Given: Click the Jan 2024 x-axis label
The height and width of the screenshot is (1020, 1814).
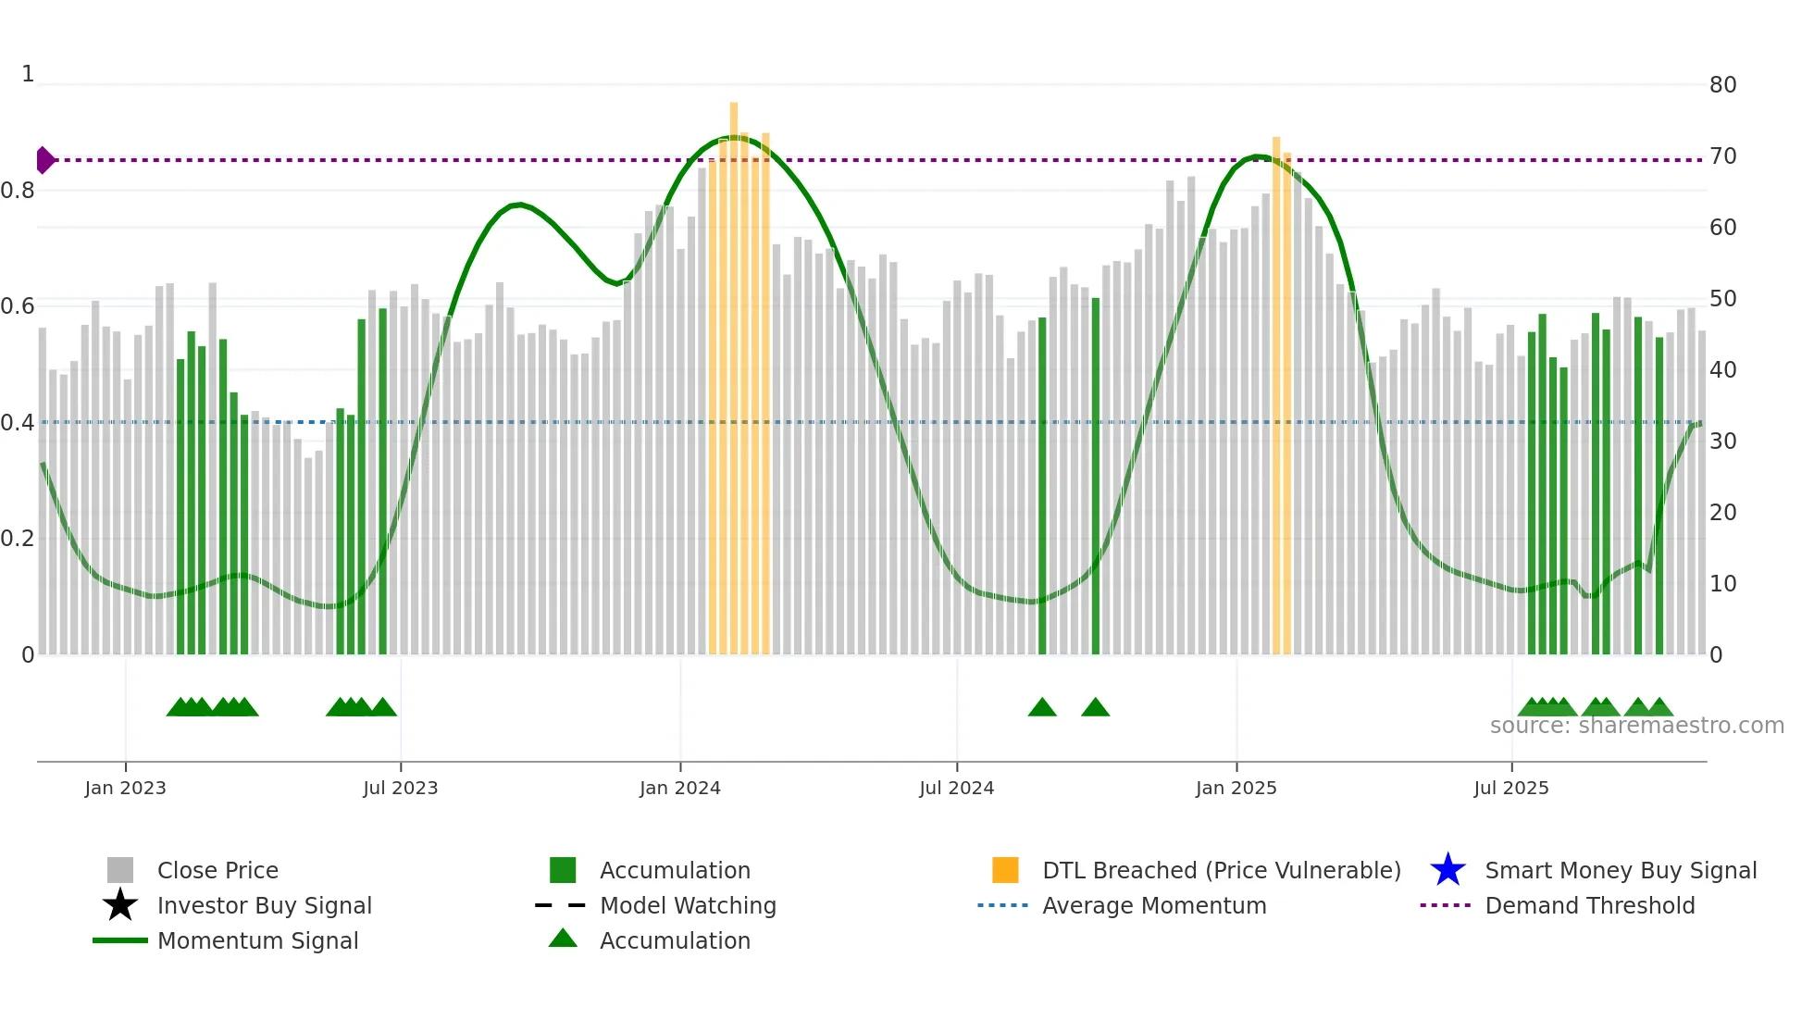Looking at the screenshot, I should [x=679, y=788].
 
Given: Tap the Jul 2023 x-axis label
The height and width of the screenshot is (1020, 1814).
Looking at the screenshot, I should [x=400, y=788].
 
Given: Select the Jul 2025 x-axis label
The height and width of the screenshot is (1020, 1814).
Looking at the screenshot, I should [x=1510, y=788].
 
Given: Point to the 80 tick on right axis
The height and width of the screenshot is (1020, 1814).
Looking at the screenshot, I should [x=1722, y=85].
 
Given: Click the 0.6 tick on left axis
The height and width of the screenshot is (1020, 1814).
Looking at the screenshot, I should [x=18, y=306].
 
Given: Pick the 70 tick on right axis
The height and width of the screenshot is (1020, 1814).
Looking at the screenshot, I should [x=1722, y=156].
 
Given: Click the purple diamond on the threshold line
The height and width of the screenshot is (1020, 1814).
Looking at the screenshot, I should [x=44, y=160].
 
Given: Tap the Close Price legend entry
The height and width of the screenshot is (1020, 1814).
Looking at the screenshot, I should [x=217, y=870].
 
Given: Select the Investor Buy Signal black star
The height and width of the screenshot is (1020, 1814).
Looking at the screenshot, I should [x=120, y=905].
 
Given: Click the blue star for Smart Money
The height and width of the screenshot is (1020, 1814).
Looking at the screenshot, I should [x=1447, y=870].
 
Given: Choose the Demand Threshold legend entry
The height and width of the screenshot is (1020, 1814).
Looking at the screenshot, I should [x=1589, y=905].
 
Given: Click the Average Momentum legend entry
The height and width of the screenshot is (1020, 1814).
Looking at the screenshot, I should [x=1153, y=905].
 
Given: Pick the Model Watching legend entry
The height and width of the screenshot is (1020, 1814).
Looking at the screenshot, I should [x=688, y=905].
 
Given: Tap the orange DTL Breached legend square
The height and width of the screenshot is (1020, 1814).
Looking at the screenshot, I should [x=1005, y=870].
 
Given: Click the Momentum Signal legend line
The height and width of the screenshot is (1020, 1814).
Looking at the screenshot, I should [x=120, y=940].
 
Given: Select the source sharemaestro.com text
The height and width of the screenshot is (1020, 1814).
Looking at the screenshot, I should [x=1636, y=726].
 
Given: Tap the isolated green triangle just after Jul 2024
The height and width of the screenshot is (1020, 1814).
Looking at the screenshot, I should [x=1042, y=708].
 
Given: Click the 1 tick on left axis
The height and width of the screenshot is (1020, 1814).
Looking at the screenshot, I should [x=28, y=74].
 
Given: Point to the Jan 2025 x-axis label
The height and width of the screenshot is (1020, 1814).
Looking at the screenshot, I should [x=1236, y=788].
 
